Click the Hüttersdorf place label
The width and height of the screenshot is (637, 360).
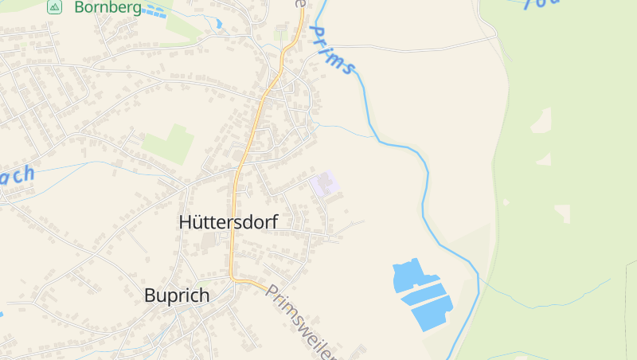(x=228, y=222)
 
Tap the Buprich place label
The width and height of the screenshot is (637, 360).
(x=177, y=295)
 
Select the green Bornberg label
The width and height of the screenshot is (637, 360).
(x=107, y=8)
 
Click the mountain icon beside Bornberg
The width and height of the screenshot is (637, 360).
(x=54, y=7)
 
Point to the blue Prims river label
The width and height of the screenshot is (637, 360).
(x=330, y=49)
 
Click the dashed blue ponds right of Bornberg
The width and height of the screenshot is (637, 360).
(x=155, y=11)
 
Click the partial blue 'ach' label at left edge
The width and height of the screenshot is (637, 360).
(x=18, y=175)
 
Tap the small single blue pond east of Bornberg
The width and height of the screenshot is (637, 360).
(x=218, y=23)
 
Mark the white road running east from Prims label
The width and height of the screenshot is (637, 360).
(x=422, y=47)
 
